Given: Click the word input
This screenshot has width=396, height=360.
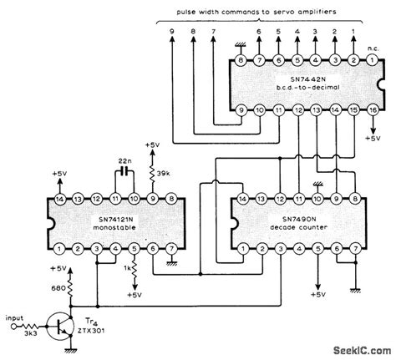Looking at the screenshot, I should coord(14,318).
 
